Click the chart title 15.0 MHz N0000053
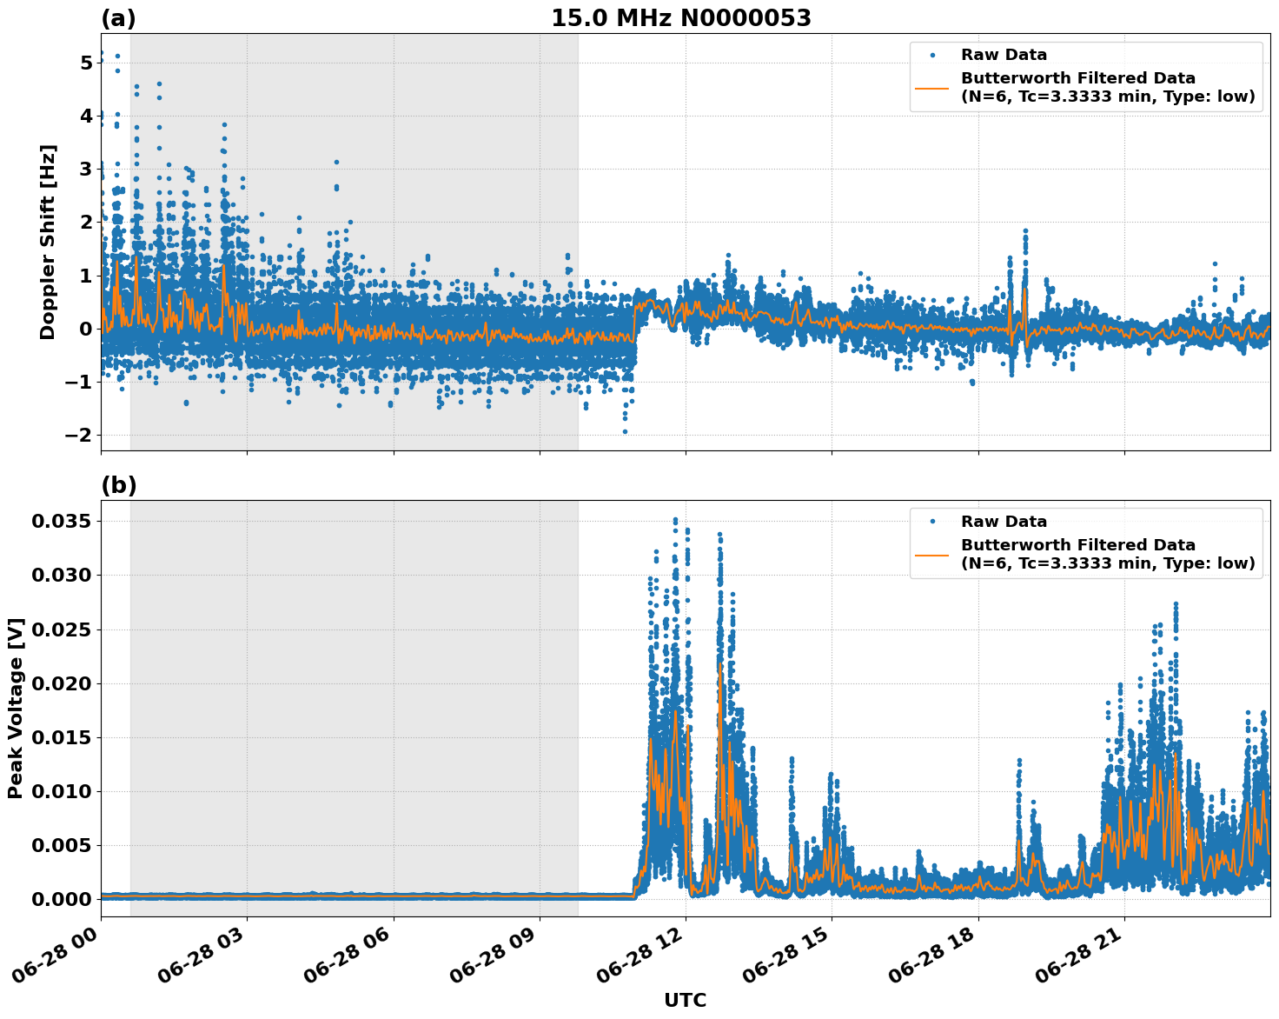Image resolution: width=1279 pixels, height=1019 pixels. (680, 18)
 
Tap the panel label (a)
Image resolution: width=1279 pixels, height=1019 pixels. (119, 18)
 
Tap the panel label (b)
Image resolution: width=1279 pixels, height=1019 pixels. (119, 485)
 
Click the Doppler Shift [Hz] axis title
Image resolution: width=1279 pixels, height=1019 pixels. (48, 242)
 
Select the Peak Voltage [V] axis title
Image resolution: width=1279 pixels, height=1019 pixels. (16, 708)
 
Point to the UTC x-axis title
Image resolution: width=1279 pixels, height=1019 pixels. (685, 1000)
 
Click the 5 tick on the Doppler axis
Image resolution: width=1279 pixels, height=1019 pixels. (86, 63)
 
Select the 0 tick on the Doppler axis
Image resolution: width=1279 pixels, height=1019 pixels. (86, 329)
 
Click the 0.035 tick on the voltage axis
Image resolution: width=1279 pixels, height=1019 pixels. (61, 522)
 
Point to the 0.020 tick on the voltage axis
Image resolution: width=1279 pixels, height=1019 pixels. (61, 683)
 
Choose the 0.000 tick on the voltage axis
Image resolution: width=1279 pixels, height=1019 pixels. (61, 899)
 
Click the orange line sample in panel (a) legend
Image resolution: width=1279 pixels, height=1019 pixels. (931, 88)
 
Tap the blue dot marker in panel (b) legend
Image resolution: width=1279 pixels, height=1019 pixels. (931, 522)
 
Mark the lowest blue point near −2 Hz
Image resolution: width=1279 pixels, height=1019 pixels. (625, 431)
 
